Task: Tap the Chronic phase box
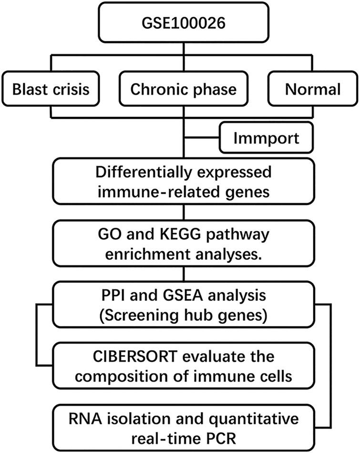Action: point(183,89)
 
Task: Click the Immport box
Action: point(267,139)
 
